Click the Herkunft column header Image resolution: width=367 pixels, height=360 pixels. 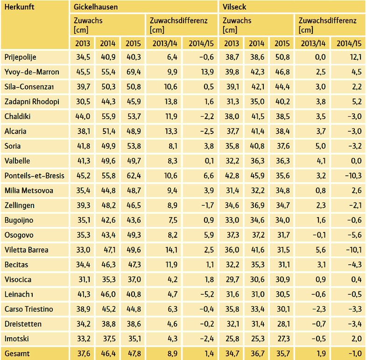(x=20, y=7)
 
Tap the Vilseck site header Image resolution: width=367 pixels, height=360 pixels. (x=234, y=7)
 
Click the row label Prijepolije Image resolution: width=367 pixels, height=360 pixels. (x=20, y=57)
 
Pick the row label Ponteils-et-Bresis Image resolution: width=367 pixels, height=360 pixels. (x=34, y=176)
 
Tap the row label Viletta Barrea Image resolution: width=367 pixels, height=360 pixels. (x=26, y=250)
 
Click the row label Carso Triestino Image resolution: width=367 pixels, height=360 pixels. (x=28, y=309)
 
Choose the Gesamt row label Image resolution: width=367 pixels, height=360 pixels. (x=17, y=353)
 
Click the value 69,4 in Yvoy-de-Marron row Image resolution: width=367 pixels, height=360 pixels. (x=133, y=72)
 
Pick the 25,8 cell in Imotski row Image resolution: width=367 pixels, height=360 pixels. (x=232, y=339)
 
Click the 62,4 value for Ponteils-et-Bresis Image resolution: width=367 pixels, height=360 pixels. (x=133, y=176)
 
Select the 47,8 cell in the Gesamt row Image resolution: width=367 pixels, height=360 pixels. (x=133, y=353)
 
